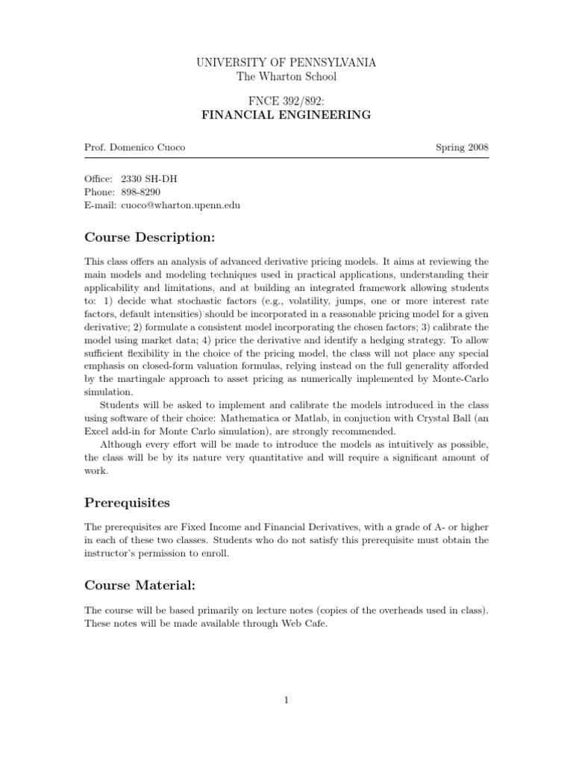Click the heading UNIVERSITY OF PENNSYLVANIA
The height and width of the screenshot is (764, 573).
(286, 63)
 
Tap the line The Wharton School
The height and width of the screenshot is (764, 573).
(286, 77)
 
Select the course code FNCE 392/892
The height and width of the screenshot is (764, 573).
(286, 101)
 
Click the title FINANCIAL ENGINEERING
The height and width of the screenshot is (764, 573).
(286, 115)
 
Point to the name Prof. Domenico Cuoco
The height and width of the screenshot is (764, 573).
(134, 147)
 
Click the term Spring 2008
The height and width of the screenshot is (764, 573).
(462, 147)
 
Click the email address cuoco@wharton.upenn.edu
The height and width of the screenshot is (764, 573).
(180, 204)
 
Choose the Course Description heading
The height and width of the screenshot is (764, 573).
(150, 237)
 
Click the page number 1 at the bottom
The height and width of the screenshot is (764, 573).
(286, 699)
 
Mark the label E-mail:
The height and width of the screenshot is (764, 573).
(98, 204)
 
